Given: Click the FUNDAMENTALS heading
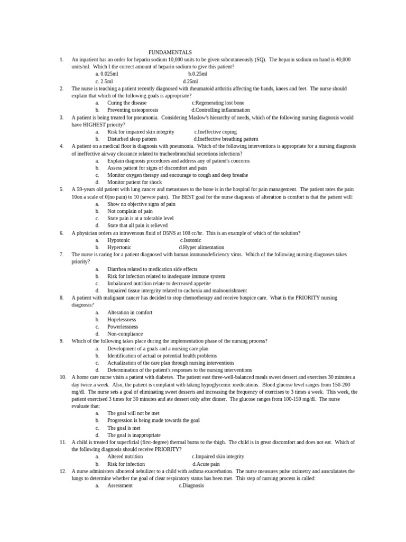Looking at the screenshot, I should (170, 52).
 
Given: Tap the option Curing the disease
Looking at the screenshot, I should (127, 103).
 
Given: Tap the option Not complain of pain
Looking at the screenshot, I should (130, 211).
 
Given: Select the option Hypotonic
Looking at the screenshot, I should (118, 240).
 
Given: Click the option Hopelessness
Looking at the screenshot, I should (122, 320).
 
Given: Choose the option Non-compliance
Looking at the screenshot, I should (125, 334).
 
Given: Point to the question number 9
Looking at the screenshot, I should (61, 341).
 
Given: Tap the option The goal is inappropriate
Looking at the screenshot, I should (134, 435).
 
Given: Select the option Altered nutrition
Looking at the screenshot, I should (125, 456).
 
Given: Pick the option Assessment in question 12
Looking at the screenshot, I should (120, 485).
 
